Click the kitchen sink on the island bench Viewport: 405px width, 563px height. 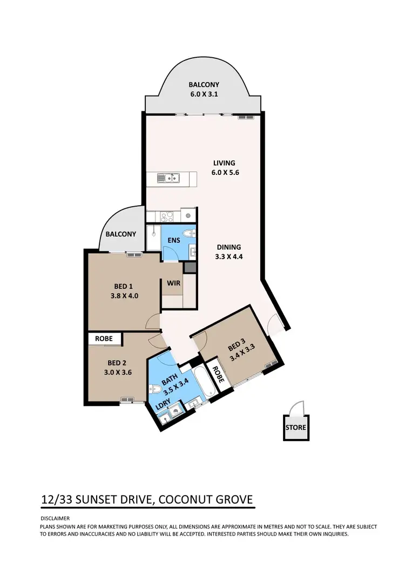[171, 177]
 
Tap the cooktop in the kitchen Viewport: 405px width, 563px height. [166, 215]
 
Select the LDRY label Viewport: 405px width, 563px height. [164, 404]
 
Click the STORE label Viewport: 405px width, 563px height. [296, 428]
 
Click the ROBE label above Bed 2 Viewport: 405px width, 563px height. [104, 339]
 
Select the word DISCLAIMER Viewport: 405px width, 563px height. [55, 517]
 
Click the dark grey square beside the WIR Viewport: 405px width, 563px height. [190, 267]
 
